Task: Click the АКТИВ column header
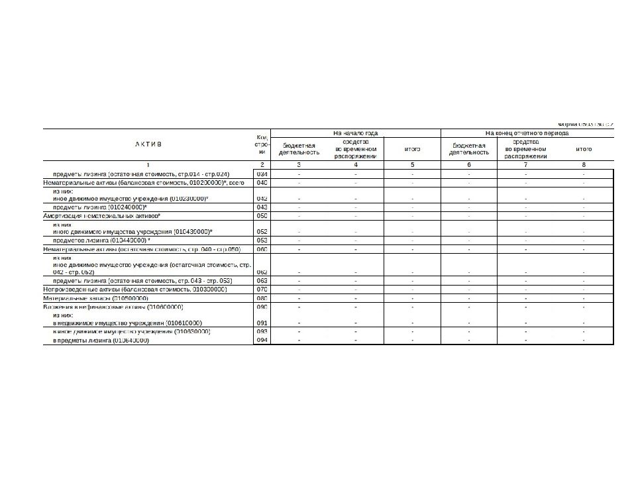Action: (x=149, y=144)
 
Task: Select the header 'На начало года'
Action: (x=356, y=133)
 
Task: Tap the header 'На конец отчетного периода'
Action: (x=527, y=133)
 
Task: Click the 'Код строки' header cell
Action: (x=262, y=144)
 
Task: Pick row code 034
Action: (x=262, y=174)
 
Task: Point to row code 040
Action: (x=262, y=182)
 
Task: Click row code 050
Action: (x=262, y=216)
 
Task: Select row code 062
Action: (x=262, y=272)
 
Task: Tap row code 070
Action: (x=262, y=290)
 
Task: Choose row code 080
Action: (x=262, y=298)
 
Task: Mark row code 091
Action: (x=262, y=323)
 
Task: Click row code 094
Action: (x=262, y=340)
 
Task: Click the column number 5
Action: (x=412, y=164)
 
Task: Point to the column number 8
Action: (x=584, y=164)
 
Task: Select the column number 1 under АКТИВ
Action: (x=149, y=164)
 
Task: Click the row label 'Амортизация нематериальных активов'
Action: (x=103, y=216)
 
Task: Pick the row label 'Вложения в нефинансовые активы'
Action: (x=113, y=307)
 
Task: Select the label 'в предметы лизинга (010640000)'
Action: (x=101, y=340)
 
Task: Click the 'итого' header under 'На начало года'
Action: (x=412, y=149)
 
